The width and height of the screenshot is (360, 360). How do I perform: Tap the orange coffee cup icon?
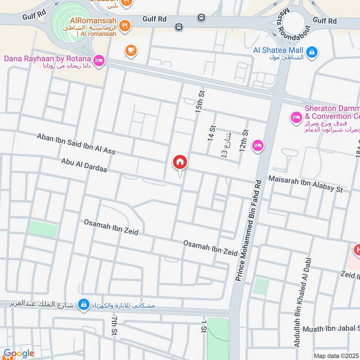131,50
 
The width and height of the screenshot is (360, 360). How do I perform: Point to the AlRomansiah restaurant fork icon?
127,25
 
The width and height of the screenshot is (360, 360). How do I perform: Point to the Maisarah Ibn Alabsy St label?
306,184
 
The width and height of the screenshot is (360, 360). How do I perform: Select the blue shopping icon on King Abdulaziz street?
83,306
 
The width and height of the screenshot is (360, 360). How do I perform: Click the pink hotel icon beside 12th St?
258,145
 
